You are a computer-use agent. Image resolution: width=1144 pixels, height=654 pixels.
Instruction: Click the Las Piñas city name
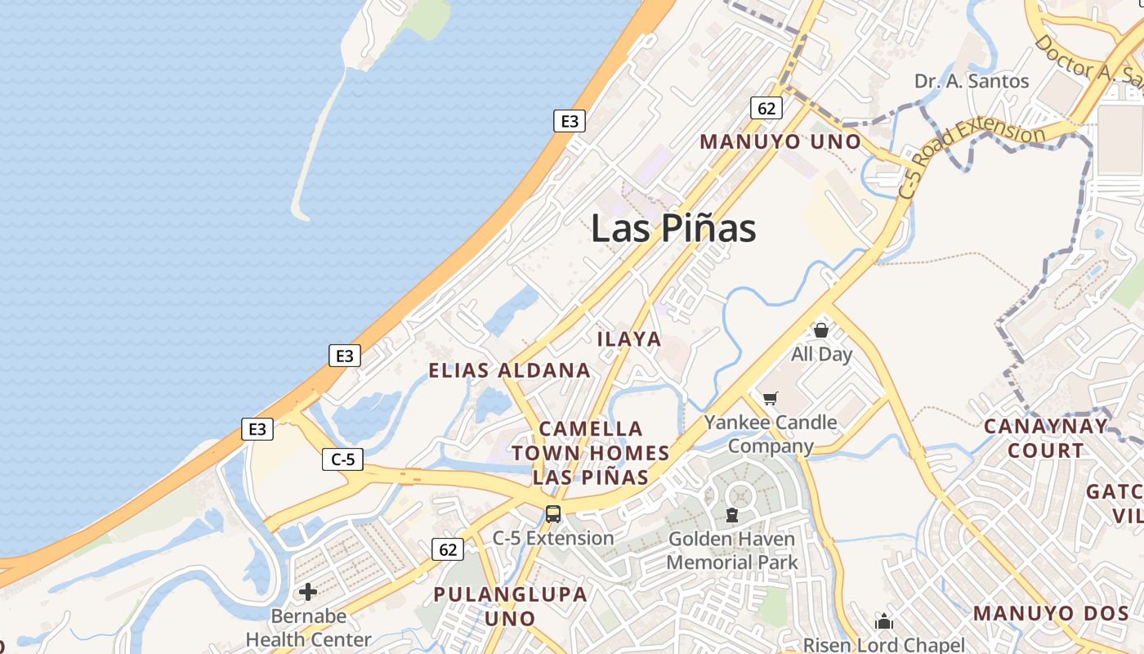[x=673, y=228]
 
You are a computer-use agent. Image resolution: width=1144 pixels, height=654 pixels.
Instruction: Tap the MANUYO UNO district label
[x=780, y=141]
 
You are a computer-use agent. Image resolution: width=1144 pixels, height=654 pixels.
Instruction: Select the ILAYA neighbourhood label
[x=629, y=338]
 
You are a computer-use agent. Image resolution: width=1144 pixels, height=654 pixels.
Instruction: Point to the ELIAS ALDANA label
[x=509, y=370]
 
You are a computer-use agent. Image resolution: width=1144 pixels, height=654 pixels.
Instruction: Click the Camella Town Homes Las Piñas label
[x=591, y=453]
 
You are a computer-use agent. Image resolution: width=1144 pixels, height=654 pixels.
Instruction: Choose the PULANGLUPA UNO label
[x=510, y=606]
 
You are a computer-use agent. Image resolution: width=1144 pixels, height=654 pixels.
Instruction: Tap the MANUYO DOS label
[x=1051, y=613]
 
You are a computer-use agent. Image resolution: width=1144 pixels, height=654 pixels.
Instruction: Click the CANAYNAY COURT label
[x=1046, y=438]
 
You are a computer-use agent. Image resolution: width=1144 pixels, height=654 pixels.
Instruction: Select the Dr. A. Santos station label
[x=972, y=81]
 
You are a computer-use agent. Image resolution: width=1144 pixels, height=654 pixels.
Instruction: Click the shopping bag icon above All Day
[x=821, y=330]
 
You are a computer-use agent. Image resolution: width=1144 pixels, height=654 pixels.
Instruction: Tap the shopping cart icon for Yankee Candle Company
[x=770, y=399]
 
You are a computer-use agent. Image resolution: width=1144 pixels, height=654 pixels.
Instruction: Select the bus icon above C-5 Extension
[x=553, y=514]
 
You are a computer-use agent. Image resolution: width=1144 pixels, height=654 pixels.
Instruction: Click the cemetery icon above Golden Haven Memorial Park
[x=731, y=515]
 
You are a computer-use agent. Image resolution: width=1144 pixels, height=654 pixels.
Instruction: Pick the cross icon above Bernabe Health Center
[x=308, y=591]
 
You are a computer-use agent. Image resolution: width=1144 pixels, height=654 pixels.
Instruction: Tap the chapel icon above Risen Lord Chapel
[x=884, y=622]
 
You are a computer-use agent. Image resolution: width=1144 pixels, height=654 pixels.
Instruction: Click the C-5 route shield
[x=342, y=459]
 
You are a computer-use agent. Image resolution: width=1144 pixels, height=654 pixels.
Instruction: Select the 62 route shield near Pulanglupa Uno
[x=448, y=549]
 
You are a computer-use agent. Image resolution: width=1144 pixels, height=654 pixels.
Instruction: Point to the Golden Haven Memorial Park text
[x=731, y=551]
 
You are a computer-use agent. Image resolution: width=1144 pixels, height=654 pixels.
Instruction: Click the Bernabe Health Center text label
[x=309, y=628]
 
